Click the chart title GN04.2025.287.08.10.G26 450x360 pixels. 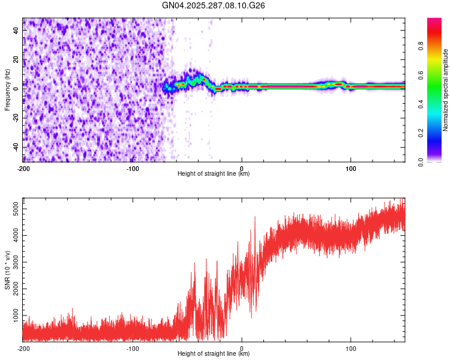pyautogui.click(x=214, y=5)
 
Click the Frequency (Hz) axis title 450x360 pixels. pyautogui.click(x=7, y=90)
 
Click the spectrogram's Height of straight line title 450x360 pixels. pyautogui.click(x=214, y=174)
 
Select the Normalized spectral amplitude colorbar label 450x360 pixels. pyautogui.click(x=445, y=90)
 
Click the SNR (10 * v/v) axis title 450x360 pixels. pyautogui.click(x=7, y=270)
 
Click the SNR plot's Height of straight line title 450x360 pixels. pyautogui.click(x=214, y=354)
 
